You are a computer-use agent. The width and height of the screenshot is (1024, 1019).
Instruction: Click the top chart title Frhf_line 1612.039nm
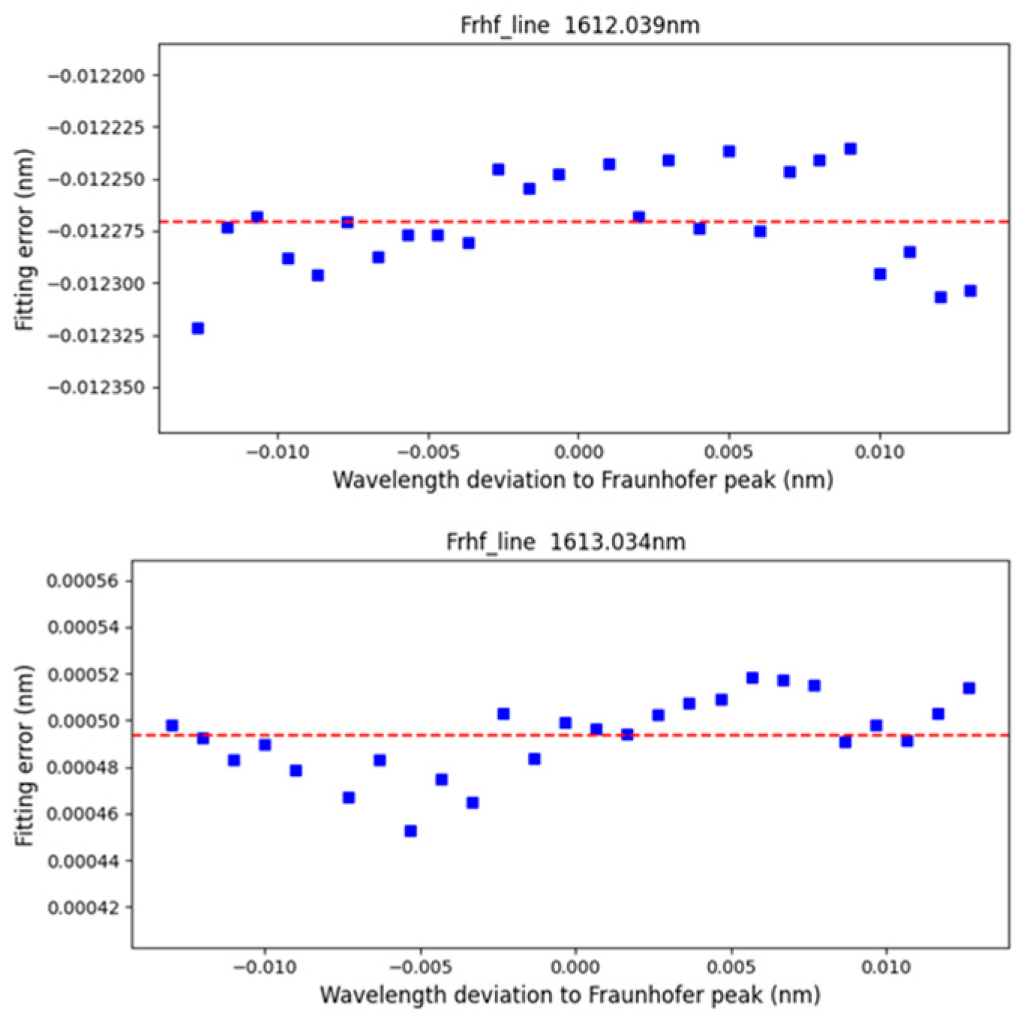point(579,26)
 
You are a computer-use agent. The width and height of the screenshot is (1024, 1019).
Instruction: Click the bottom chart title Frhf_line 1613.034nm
point(565,542)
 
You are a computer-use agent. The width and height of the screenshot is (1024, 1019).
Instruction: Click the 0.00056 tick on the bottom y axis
point(83,582)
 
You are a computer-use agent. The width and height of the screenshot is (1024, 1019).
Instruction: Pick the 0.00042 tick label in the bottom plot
point(83,908)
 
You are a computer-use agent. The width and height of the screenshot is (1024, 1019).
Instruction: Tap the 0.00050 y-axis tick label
point(83,721)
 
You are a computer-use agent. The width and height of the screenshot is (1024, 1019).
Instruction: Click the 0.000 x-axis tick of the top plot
point(578,452)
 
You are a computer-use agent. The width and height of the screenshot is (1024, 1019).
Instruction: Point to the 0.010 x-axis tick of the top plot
point(880,452)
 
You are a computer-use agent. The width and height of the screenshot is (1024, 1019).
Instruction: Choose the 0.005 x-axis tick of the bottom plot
point(731,967)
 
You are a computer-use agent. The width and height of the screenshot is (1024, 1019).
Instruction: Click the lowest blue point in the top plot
point(198,329)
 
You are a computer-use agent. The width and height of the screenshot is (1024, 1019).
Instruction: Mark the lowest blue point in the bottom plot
point(410,831)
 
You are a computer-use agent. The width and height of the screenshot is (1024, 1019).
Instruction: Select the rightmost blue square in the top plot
point(970,291)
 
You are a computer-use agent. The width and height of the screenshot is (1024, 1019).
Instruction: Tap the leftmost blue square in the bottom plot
point(172,726)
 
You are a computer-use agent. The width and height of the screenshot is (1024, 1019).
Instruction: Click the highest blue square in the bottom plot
point(752,678)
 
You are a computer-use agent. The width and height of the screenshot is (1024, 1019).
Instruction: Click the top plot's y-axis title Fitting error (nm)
point(25,239)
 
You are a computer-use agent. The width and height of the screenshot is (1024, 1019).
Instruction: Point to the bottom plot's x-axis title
point(569,996)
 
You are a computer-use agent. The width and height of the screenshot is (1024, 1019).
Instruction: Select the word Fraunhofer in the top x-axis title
point(670,480)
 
